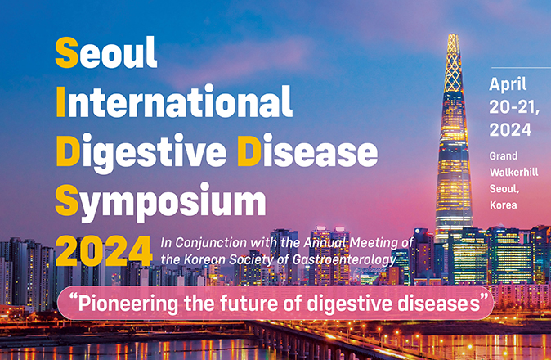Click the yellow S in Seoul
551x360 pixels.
tap(67, 52)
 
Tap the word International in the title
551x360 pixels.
tap(174, 101)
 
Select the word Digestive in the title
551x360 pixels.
tap(141, 152)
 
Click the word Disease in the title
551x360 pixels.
tap(307, 150)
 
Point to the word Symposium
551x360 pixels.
tap(160, 201)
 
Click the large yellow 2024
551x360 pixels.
tap(104, 251)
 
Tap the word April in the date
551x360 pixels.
tap(508, 85)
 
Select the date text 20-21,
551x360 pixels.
tap(514, 107)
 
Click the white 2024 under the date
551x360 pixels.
tap(510, 130)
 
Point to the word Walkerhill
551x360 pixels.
tap(513, 173)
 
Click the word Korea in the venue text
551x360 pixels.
tap(504, 205)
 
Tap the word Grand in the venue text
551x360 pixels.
tap(504, 156)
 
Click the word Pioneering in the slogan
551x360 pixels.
tap(128, 304)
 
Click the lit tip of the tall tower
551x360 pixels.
tap(453, 35)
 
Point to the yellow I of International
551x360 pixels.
tap(60, 101)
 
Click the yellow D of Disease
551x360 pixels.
tap(249, 150)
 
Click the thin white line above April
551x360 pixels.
tap(521, 67)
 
